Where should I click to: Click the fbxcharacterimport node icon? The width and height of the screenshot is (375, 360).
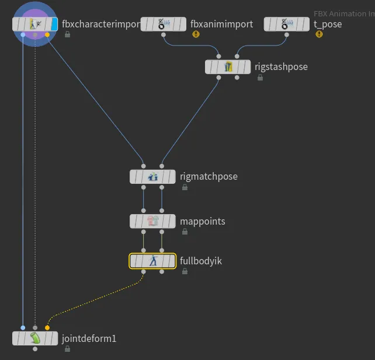[35, 24]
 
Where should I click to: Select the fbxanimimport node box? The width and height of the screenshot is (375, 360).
[164, 24]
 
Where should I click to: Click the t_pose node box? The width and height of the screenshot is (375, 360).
[286, 24]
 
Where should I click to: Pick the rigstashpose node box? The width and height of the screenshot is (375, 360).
[228, 67]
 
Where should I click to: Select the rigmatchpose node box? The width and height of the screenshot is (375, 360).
[152, 176]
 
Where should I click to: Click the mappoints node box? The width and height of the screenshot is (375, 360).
[152, 221]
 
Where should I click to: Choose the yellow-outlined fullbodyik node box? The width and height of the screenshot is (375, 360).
[152, 261]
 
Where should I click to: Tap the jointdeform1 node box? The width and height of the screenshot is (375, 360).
[35, 338]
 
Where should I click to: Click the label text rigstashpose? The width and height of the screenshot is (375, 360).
[281, 67]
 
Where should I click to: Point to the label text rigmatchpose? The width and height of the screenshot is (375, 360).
[209, 176]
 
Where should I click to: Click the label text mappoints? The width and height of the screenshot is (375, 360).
[202, 221]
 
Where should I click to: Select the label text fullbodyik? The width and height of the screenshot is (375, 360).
[200, 261]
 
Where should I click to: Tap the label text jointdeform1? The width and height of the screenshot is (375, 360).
[89, 338]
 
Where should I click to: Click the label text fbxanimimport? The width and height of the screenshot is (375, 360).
[221, 24]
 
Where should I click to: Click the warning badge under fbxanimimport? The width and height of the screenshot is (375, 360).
[196, 34]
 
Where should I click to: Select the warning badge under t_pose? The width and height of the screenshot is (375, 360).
[319, 34]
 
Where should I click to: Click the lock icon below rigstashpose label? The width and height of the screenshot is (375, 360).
[259, 77]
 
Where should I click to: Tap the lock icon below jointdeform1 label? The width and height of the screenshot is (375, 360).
[67, 348]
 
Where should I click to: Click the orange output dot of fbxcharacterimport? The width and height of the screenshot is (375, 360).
[47, 35]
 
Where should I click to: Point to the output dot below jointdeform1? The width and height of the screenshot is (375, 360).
[35, 349]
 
